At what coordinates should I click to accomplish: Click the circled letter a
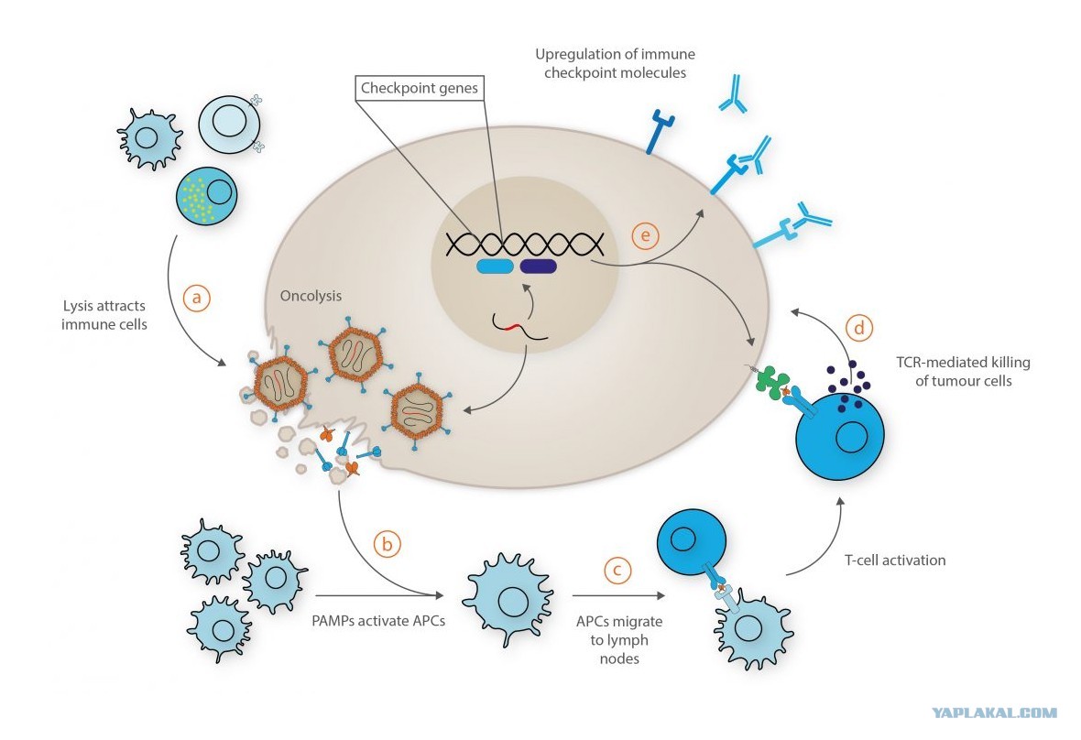pyautogui.click(x=196, y=298)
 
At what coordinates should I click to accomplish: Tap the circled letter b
pyautogui.click(x=388, y=544)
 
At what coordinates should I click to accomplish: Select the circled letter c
pyautogui.click(x=617, y=571)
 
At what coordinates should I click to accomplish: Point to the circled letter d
pyautogui.click(x=859, y=328)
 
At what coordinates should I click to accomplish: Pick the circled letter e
pyautogui.click(x=645, y=236)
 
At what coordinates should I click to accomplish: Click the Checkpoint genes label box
pyautogui.click(x=420, y=88)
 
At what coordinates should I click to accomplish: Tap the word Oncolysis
pyautogui.click(x=311, y=296)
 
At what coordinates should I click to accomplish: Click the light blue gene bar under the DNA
pyautogui.click(x=495, y=267)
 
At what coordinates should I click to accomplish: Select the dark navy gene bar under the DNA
pyautogui.click(x=539, y=267)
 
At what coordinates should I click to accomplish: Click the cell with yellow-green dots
pyautogui.click(x=207, y=196)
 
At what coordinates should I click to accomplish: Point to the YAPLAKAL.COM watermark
pyautogui.click(x=994, y=713)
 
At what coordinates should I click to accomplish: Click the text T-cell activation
pyautogui.click(x=895, y=560)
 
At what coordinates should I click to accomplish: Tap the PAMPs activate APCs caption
pyautogui.click(x=378, y=621)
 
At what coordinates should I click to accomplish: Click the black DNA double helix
pyautogui.click(x=525, y=244)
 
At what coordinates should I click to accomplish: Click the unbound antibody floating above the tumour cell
pyautogui.click(x=733, y=93)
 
